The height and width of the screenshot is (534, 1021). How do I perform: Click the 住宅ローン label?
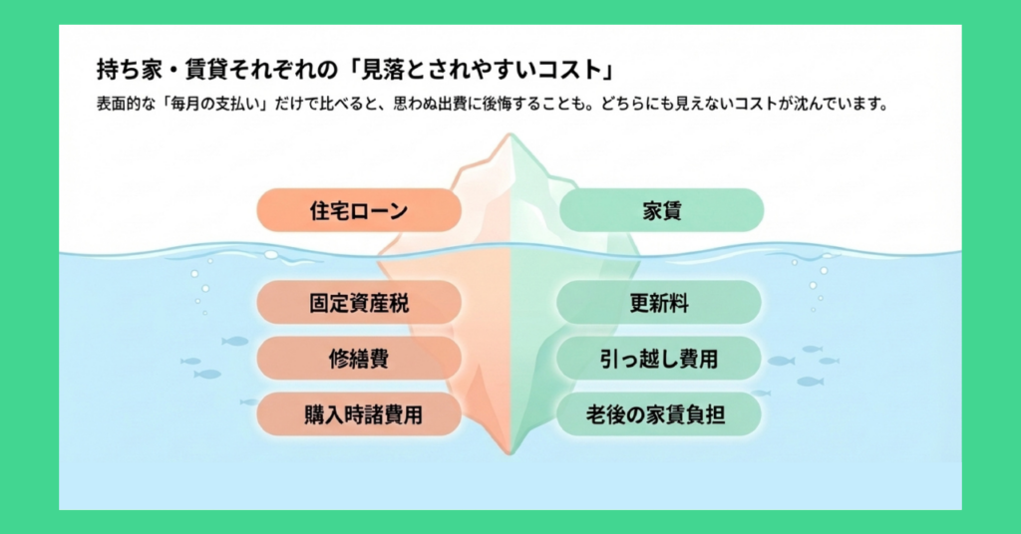359,211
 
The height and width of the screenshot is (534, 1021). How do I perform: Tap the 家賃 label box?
662,211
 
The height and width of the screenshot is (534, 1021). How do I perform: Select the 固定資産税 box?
359,303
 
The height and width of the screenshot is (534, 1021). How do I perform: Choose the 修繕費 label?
359,359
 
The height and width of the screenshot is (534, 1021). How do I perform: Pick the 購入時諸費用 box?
359,414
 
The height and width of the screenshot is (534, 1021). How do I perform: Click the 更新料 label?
660,303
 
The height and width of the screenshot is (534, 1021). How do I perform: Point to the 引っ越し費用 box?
660,359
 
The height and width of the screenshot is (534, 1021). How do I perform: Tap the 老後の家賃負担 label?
660,414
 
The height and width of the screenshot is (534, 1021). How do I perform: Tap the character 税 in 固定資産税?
398,303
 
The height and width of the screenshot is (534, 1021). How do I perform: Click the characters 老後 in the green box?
606,414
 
